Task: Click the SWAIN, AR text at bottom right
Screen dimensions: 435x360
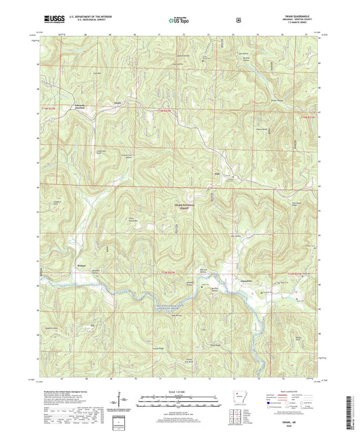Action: [305, 420]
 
